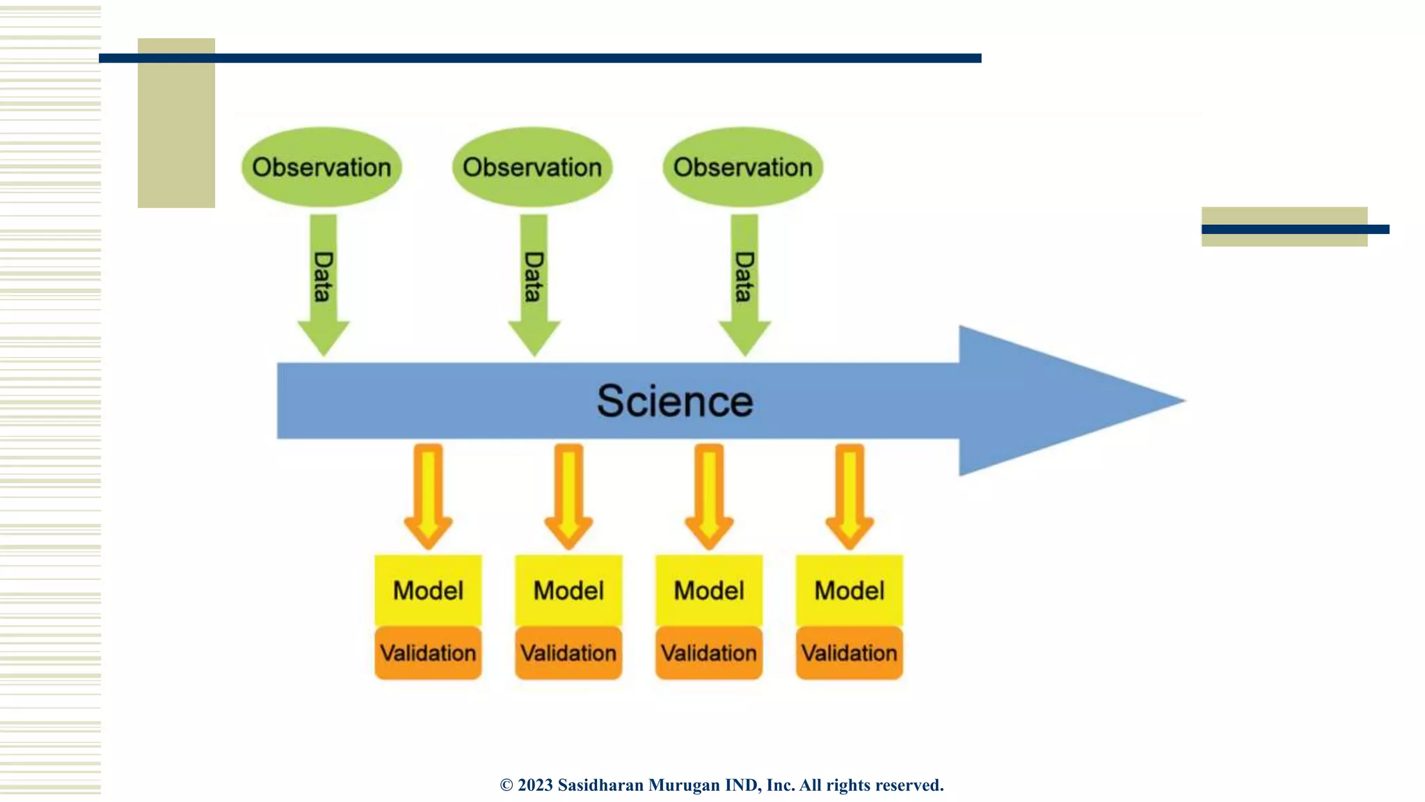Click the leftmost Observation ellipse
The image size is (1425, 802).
pos(321,167)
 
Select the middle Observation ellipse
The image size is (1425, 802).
pos(532,167)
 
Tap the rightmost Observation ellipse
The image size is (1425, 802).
pos(742,167)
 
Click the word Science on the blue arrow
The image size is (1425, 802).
pos(675,401)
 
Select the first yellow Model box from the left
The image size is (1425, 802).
pos(428,590)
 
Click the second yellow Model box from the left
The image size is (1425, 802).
pos(568,590)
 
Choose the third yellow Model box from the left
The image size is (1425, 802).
pos(709,590)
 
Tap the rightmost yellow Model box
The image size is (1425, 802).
pos(850,590)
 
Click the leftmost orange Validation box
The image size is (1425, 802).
pos(428,653)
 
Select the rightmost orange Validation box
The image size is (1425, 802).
pos(850,653)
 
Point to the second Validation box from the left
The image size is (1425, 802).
pos(568,653)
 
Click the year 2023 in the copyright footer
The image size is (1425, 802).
pos(535,785)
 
